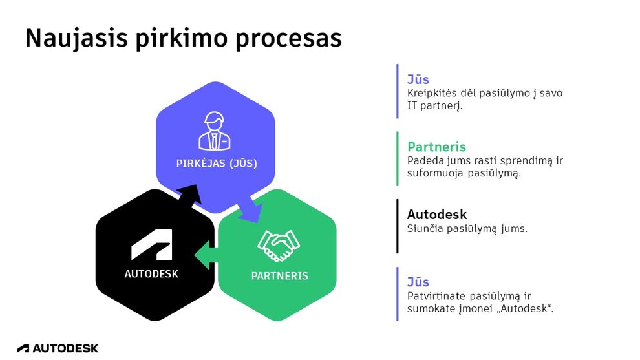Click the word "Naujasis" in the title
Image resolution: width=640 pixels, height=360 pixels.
pos(76,39)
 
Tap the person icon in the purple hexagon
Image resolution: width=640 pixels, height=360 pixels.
pos(215,131)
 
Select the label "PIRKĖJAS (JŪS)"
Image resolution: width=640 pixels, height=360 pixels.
pos(217,164)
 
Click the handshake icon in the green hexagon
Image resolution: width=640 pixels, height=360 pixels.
pos(279,246)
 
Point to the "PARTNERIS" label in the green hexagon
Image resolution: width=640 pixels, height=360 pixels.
pos(279,276)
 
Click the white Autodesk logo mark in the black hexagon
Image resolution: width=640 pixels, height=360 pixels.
pos(151,244)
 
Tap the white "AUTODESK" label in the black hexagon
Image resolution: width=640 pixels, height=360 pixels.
pos(151,274)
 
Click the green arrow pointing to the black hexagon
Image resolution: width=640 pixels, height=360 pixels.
pos(205,255)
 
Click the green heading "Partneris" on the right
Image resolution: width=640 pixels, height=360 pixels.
pos(436,147)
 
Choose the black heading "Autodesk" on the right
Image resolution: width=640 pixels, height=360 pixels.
pos(437,215)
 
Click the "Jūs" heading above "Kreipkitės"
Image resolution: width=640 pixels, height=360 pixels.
pos(418,79)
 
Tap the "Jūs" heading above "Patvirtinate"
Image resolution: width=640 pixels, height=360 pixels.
pos(418,282)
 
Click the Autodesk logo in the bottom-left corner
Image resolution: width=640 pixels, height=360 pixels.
pos(58,348)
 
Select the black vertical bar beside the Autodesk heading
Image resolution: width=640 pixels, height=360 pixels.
pos(398,226)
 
